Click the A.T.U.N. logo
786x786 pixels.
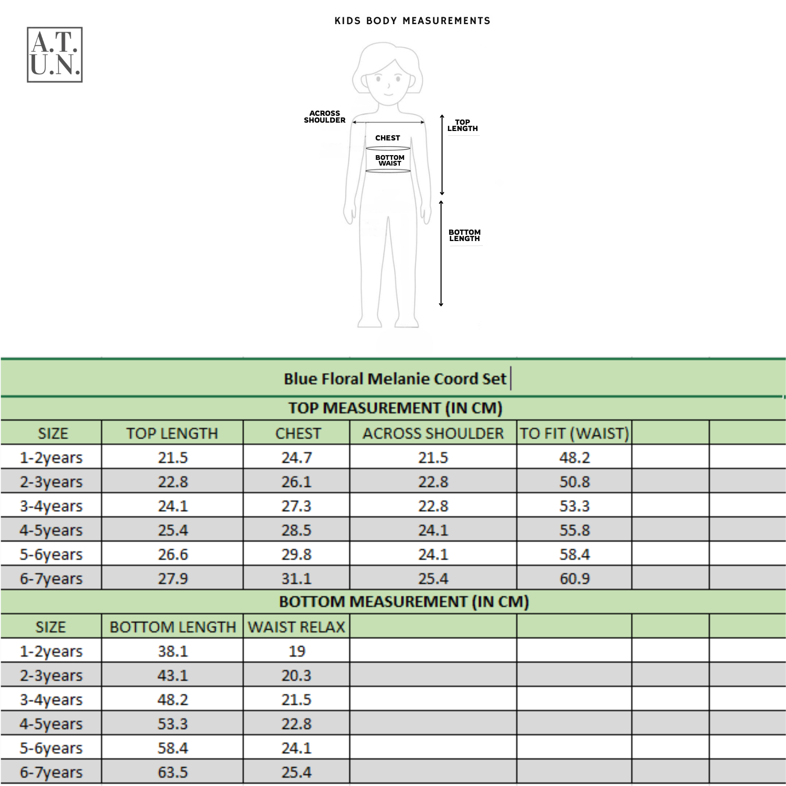[x=54, y=54]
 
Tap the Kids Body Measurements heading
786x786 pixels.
[x=412, y=21]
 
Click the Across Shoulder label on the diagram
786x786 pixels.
[x=324, y=117]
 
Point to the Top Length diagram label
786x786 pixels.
[x=462, y=125]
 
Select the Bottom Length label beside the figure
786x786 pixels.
[x=464, y=235]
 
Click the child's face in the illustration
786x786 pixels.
[x=388, y=81]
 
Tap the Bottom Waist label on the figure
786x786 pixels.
[x=389, y=160]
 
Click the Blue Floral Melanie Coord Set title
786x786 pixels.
[x=395, y=378]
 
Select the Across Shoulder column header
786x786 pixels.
[x=433, y=433]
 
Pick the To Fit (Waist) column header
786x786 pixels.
[x=574, y=433]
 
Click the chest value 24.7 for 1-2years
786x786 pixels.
[x=297, y=457]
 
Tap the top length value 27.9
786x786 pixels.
[x=173, y=578]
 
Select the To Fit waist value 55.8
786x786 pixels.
[x=574, y=530]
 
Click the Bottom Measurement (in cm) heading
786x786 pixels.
[x=403, y=602]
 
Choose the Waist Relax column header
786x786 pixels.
[x=297, y=627]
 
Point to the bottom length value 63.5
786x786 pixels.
[x=173, y=772]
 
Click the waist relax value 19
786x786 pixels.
[x=297, y=651]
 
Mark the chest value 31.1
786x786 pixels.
[x=297, y=578]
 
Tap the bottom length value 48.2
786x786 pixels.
[x=173, y=700]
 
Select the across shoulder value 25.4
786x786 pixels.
[x=433, y=578]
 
